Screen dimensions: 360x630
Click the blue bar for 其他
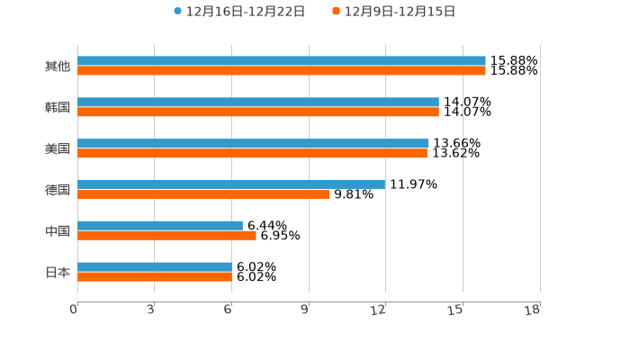click(x=281, y=61)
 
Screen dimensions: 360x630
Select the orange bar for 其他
click(x=281, y=71)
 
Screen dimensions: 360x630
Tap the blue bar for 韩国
click(x=258, y=103)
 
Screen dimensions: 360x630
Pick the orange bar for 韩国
click(x=258, y=112)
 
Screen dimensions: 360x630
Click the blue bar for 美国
click(x=253, y=144)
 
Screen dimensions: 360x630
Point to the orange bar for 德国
click(x=203, y=194)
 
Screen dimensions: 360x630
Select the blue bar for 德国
click(x=231, y=184)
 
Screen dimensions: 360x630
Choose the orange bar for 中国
click(x=166, y=236)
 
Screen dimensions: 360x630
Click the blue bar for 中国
click(x=160, y=226)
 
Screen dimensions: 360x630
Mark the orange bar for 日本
click(x=155, y=277)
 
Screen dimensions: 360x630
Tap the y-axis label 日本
click(x=58, y=273)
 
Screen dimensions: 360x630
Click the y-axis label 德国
click(x=58, y=190)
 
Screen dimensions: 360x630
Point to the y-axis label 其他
click(x=58, y=67)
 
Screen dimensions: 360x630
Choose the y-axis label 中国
click(x=58, y=231)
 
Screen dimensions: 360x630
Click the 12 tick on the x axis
click(x=379, y=310)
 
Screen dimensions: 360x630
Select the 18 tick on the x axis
click(x=533, y=310)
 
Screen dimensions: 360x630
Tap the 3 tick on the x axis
click(x=150, y=310)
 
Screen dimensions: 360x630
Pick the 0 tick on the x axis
click(x=74, y=310)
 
